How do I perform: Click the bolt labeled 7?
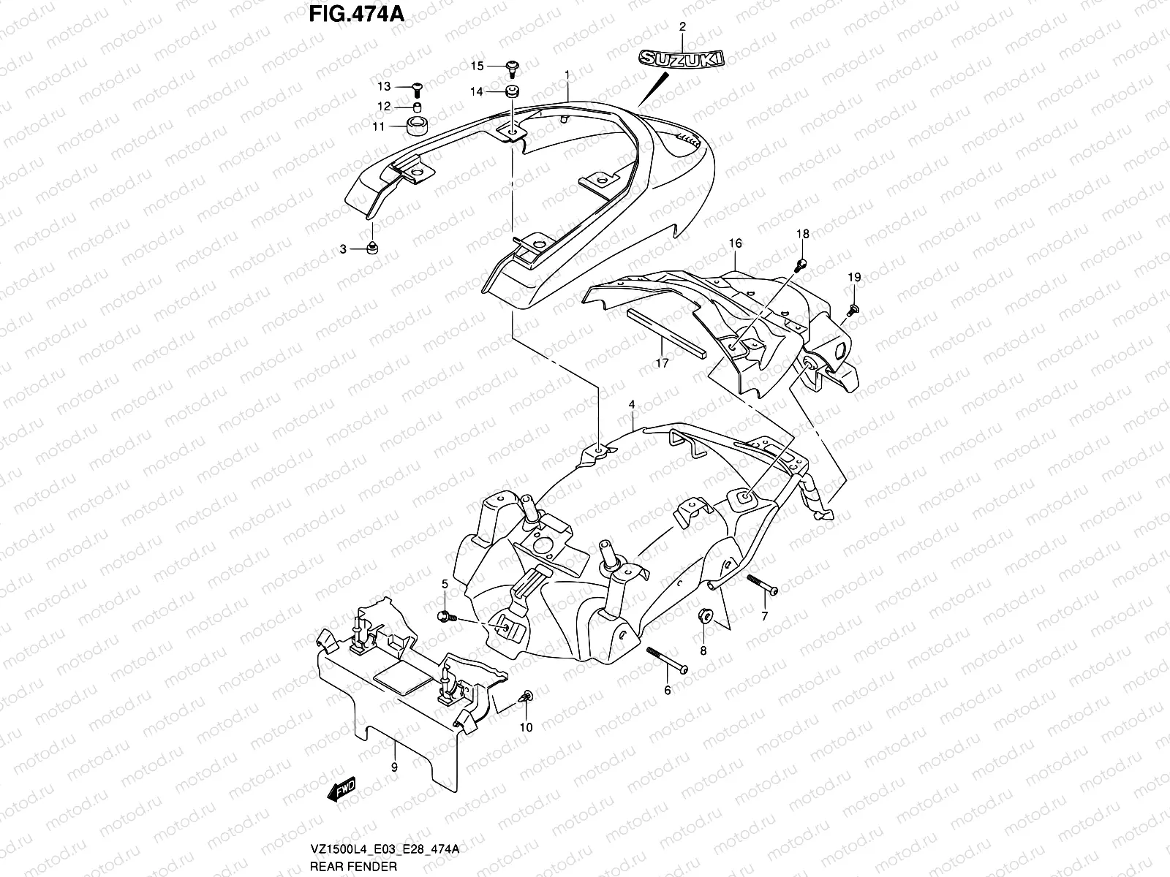(x=760, y=586)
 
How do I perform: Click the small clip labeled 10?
(x=527, y=698)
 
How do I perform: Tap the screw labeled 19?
(x=852, y=310)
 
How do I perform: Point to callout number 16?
(x=735, y=243)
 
